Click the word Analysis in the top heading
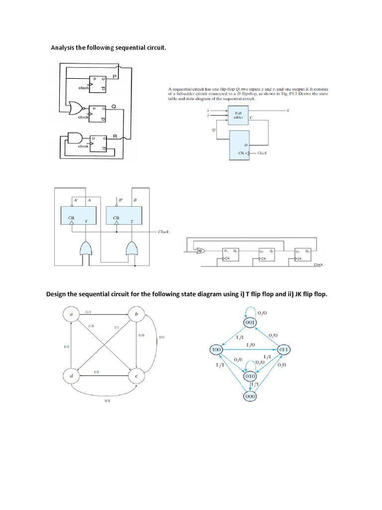pyautogui.click(x=65, y=48)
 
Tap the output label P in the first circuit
pyautogui.click(x=114, y=76)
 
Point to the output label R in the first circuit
pyautogui.click(x=114, y=135)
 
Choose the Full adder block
pyautogui.click(x=238, y=114)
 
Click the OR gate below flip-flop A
pyautogui.click(x=86, y=248)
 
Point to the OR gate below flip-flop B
pyautogui.click(x=132, y=248)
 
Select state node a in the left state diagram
pyautogui.click(x=73, y=315)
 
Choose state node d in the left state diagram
pyautogui.click(x=73, y=376)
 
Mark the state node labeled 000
pyautogui.click(x=250, y=396)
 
